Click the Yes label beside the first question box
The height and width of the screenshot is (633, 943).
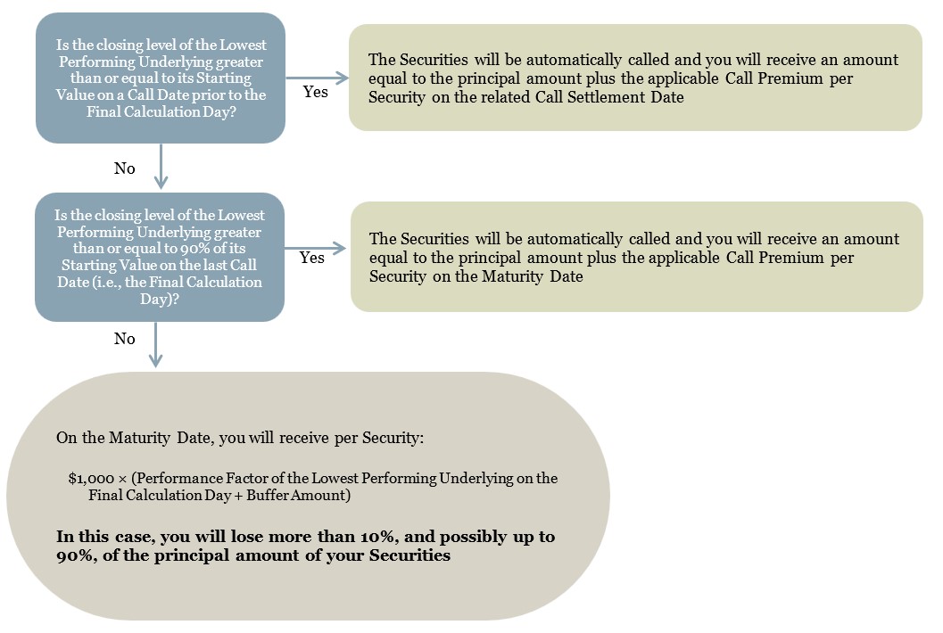coord(315,91)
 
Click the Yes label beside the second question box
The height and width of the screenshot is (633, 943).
coord(311,258)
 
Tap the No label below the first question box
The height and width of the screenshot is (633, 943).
coord(125,169)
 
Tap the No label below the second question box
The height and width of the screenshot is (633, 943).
coord(125,339)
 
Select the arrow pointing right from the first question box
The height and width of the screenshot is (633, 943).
coord(317,78)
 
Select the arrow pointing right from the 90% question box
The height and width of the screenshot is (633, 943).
coord(315,248)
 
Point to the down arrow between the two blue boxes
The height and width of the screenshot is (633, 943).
coord(161,166)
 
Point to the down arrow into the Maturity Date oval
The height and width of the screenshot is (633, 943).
coord(156,344)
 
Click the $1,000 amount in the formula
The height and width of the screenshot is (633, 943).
coord(91,479)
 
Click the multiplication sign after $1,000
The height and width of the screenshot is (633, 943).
coord(123,479)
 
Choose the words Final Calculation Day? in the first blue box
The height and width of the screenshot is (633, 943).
coord(161,111)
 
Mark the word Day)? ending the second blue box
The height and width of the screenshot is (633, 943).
coord(160,299)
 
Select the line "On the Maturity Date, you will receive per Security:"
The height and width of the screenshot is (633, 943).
coord(240,438)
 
